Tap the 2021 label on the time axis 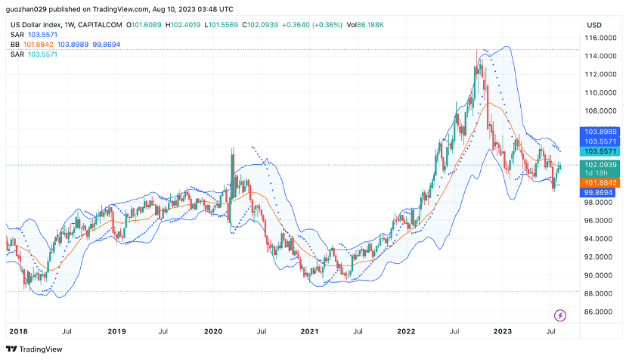[310, 331]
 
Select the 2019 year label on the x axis [116, 331]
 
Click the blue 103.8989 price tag [601, 132]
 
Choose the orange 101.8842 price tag [601, 183]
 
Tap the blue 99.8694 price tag [601, 193]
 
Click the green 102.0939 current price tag [601, 164]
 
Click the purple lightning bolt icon [561, 315]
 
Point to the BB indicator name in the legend [14, 45]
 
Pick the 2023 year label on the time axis [503, 331]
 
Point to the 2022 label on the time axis [407, 331]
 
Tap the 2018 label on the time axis [18, 331]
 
